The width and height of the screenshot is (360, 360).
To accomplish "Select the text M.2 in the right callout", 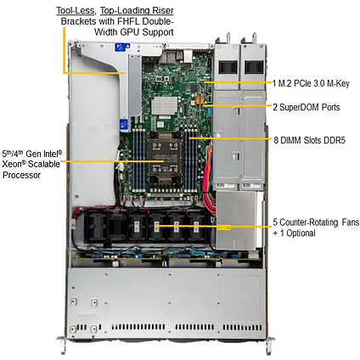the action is [284, 83].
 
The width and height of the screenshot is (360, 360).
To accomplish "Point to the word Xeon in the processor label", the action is [12, 164].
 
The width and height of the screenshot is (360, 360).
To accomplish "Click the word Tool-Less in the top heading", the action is [76, 11].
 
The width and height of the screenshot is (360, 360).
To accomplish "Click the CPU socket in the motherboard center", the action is [165, 161].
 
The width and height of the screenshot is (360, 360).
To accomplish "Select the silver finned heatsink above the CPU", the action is [165, 106].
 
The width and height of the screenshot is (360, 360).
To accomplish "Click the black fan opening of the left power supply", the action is [228, 67].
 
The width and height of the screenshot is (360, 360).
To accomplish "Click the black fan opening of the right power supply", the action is [254, 67].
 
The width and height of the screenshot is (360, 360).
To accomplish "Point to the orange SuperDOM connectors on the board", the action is [200, 100].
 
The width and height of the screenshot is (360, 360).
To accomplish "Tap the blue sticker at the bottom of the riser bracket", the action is [124, 125].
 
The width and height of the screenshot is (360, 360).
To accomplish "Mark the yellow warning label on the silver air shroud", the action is [223, 228].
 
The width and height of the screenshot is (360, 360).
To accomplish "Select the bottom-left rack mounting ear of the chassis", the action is [63, 344].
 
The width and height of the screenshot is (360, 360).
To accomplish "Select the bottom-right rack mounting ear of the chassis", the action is [270, 345].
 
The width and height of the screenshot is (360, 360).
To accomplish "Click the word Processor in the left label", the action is [21, 175].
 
